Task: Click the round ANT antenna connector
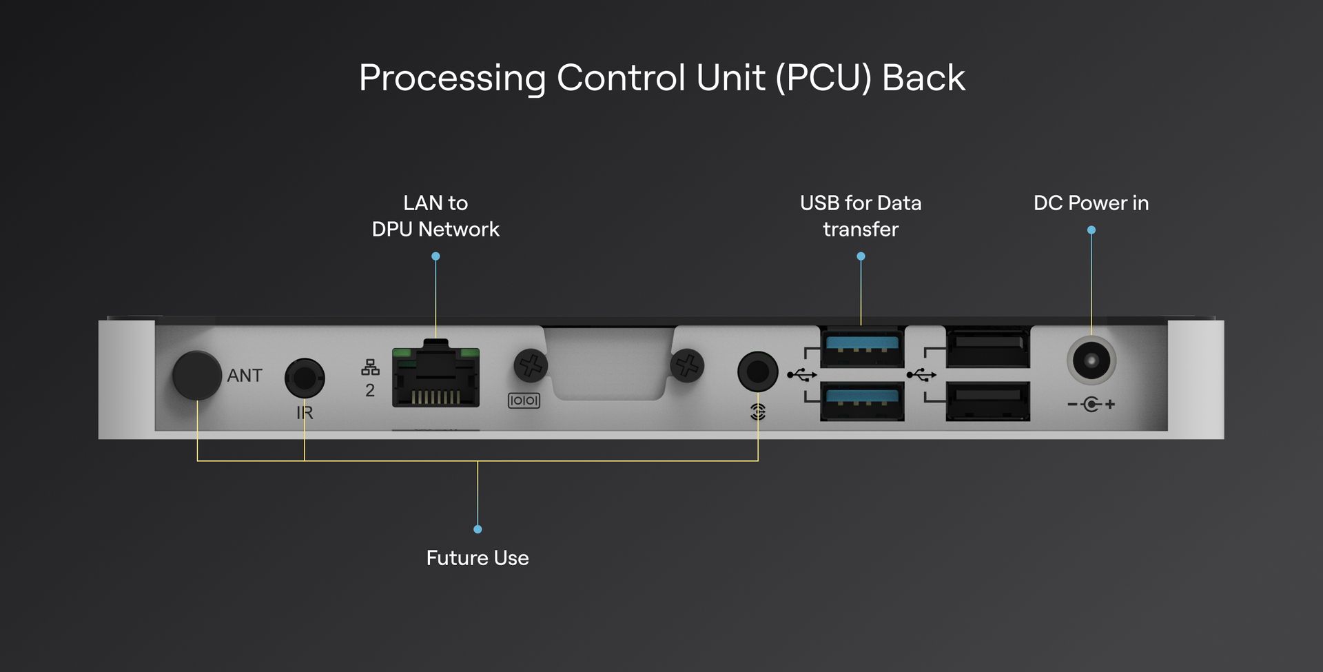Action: click(196, 375)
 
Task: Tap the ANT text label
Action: click(245, 376)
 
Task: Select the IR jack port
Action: click(305, 378)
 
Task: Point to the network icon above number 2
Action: click(370, 367)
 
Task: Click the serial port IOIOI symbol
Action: click(524, 400)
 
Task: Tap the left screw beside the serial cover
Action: click(531, 365)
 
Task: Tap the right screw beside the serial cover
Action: click(687, 365)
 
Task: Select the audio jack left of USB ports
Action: click(757, 371)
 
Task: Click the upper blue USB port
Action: click(862, 347)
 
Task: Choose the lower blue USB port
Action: click(862, 400)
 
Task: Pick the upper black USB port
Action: click(988, 347)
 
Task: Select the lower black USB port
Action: click(988, 400)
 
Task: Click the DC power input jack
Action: click(1091, 360)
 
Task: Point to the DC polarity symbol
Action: click(1091, 404)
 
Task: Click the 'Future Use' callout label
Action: click(478, 558)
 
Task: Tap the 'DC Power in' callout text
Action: click(1091, 203)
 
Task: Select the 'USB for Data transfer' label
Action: click(861, 216)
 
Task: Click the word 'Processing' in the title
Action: click(452, 79)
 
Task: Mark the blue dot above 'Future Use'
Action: click(478, 529)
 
